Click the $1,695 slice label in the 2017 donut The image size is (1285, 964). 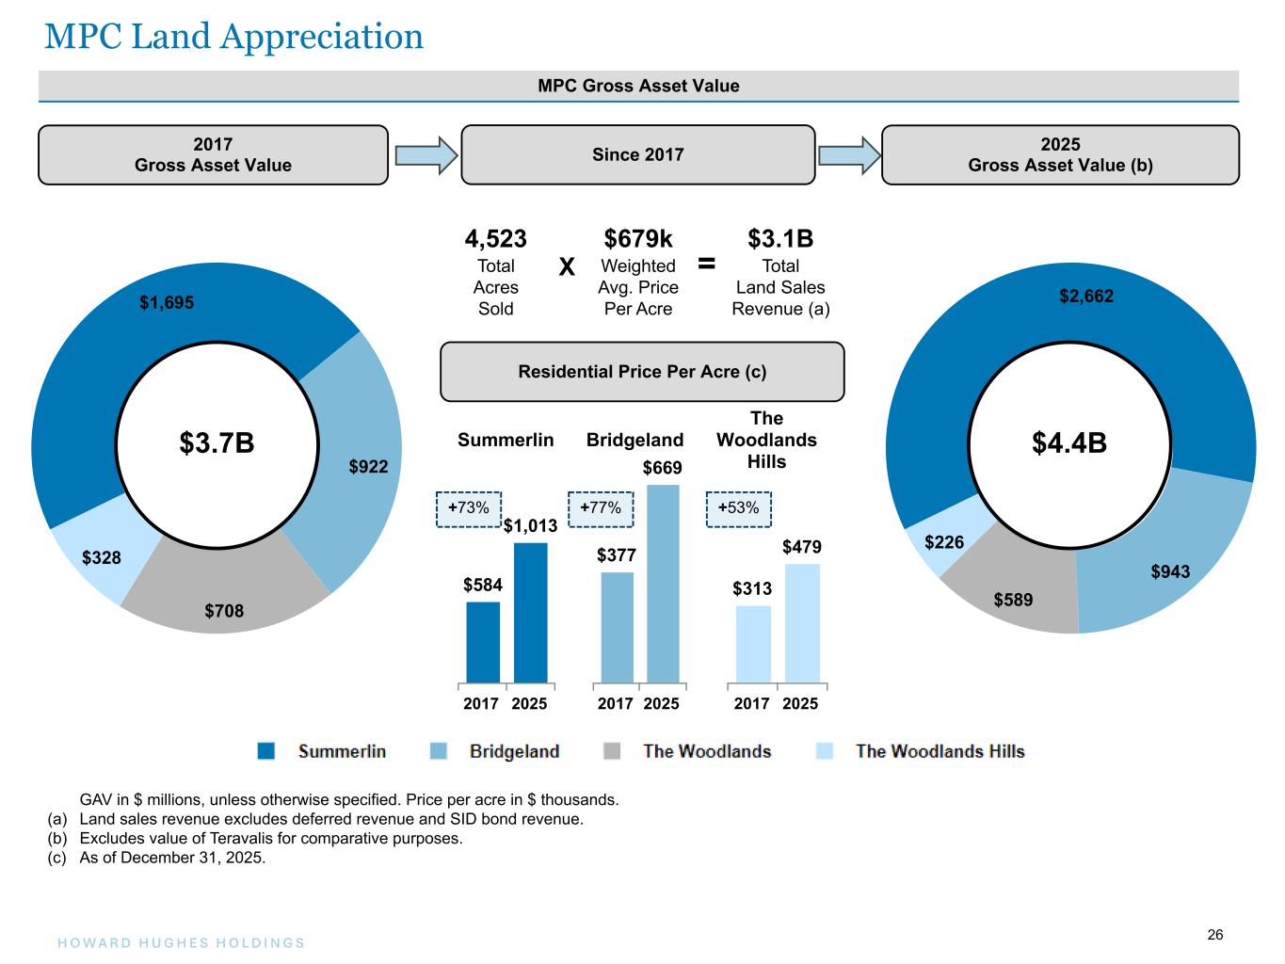[167, 302]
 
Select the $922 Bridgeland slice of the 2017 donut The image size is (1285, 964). [368, 466]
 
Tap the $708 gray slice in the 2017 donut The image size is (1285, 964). [224, 611]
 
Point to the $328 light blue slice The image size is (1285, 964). [102, 558]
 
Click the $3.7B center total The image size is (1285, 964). [217, 443]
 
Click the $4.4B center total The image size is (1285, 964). [1068, 443]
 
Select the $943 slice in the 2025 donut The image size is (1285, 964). [1170, 571]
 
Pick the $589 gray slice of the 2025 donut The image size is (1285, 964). [1013, 600]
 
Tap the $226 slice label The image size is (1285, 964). [944, 542]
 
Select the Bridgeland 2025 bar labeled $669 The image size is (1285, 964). [663, 584]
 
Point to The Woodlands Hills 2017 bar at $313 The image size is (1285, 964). [753, 644]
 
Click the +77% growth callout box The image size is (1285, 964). [601, 508]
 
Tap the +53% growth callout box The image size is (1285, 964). [738, 508]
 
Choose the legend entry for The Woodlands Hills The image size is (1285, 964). [940, 751]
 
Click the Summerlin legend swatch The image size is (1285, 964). [266, 751]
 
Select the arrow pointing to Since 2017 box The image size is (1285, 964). [426, 155]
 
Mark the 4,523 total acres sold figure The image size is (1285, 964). [496, 239]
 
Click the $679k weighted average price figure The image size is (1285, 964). [638, 239]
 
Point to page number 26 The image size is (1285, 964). [1215, 935]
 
